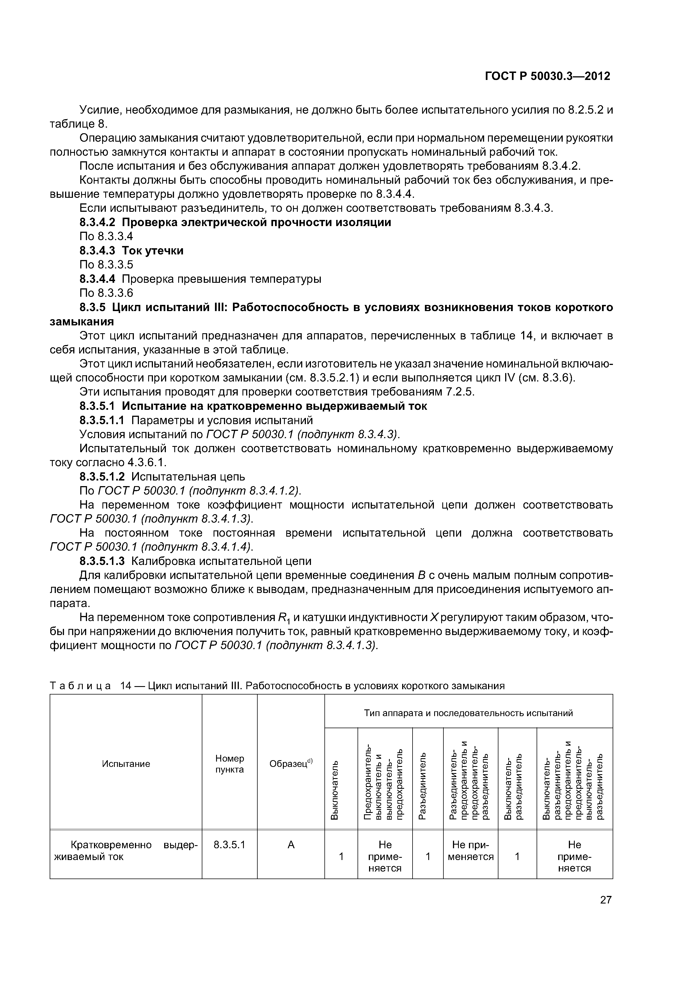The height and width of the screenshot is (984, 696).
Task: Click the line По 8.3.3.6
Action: pos(106,293)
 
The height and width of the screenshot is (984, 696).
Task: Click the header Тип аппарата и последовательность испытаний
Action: pos(468,713)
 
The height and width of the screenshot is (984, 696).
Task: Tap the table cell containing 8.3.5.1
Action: pos(229,845)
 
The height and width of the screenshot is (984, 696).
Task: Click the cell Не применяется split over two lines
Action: pos(470,851)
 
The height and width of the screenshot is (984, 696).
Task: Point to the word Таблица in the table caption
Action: pos(80,686)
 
